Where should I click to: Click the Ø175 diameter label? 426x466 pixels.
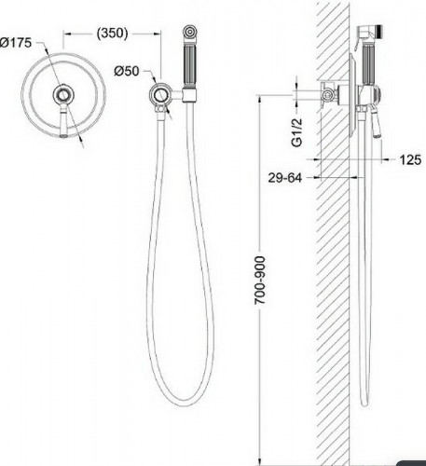tap(16, 43)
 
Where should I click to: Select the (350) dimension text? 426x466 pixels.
tap(112, 33)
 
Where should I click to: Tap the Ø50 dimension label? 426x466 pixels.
tap(127, 71)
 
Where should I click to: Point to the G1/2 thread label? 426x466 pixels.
tap(296, 132)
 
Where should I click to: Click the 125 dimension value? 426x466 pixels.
tap(410, 160)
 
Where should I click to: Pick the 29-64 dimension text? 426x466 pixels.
tap(285, 178)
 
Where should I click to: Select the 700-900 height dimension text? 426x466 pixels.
tap(260, 281)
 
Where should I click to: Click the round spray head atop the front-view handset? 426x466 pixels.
tap(189, 32)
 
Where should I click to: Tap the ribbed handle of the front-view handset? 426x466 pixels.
tap(189, 66)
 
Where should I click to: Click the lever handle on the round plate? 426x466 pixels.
tap(63, 121)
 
